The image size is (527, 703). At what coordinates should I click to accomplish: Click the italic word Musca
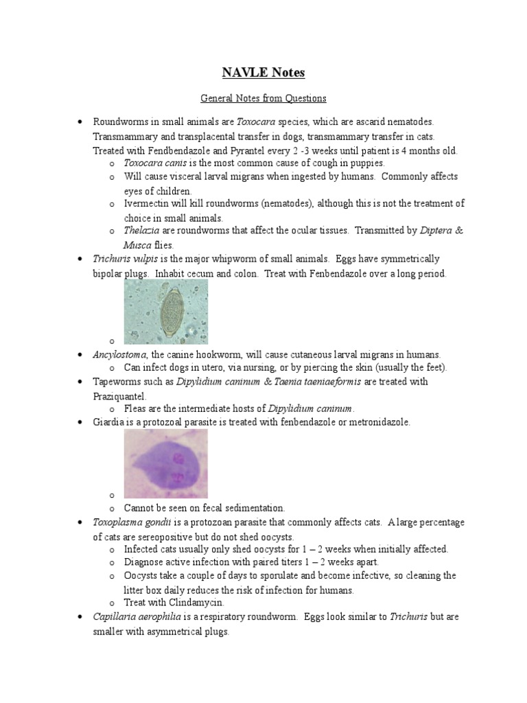pos(137,245)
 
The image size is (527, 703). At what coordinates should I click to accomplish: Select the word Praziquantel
pos(120,396)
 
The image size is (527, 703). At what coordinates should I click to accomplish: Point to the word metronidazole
pos(376,422)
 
